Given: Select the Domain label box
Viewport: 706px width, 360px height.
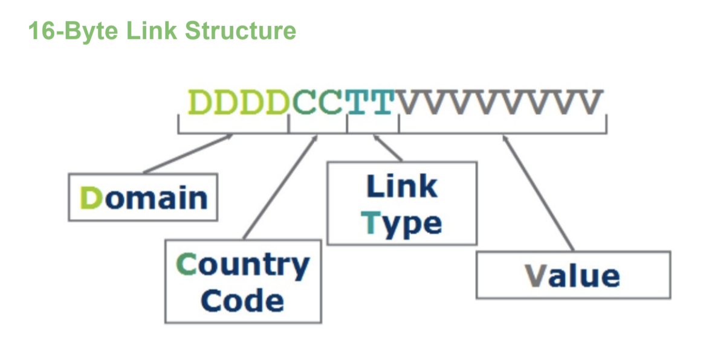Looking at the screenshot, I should click(143, 198).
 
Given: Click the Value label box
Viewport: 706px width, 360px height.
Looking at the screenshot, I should click(572, 275).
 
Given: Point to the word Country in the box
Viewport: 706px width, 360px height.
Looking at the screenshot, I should click(242, 266).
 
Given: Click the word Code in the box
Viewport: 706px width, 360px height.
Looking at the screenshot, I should click(242, 300).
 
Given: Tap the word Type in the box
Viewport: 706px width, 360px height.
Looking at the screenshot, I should click(402, 223).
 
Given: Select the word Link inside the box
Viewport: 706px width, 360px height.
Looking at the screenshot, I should click(402, 187).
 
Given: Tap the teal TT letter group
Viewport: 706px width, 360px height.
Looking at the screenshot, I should click(371, 103).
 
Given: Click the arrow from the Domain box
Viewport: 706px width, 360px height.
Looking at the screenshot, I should click(187, 154).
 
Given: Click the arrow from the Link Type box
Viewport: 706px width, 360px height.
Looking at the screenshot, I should click(387, 148).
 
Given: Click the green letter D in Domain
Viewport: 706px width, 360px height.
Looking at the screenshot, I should click(91, 198).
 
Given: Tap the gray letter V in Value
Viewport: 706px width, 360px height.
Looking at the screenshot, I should click(535, 275).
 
